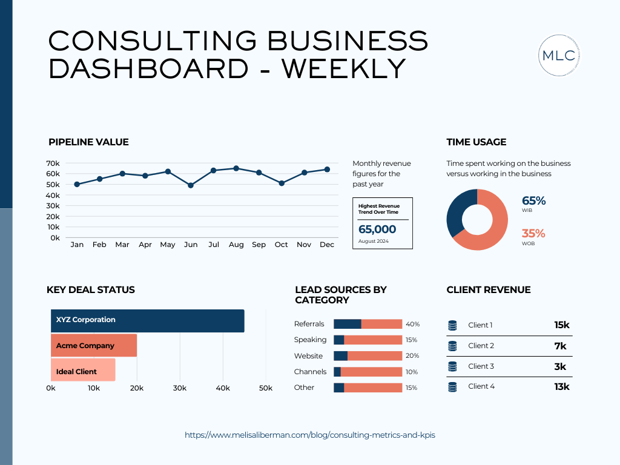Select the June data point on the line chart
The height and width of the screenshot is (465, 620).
pyautogui.click(x=191, y=185)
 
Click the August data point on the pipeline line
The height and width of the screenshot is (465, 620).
pyautogui.click(x=236, y=168)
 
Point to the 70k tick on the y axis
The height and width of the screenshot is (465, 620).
pyautogui.click(x=53, y=163)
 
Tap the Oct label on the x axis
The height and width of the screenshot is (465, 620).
pyautogui.click(x=281, y=245)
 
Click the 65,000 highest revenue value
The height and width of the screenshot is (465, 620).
pyautogui.click(x=377, y=229)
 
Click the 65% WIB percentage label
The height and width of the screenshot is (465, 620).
pyautogui.click(x=533, y=200)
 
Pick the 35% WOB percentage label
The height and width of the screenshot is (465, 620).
pyautogui.click(x=533, y=234)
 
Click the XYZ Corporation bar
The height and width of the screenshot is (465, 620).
pyautogui.click(x=147, y=320)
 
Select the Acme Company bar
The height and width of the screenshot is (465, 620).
pyautogui.click(x=94, y=346)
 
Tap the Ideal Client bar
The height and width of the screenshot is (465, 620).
pyautogui.click(x=83, y=370)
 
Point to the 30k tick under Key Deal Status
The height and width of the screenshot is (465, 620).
pyautogui.click(x=179, y=388)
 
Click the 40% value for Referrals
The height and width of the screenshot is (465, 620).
pyautogui.click(x=412, y=325)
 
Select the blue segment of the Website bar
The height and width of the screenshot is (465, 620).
pyautogui.click(x=340, y=356)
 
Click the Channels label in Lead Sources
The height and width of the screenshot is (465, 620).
pyautogui.click(x=310, y=372)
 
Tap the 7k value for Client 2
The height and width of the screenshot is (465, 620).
pyautogui.click(x=560, y=346)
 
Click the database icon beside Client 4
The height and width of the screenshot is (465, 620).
pyautogui.click(x=452, y=386)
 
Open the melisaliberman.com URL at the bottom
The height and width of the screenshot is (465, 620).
pyautogui.click(x=309, y=435)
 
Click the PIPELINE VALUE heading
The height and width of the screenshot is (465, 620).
pyautogui.click(x=88, y=142)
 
